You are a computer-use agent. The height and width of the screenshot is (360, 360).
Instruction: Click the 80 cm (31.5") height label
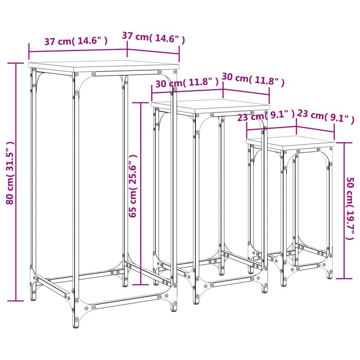11,173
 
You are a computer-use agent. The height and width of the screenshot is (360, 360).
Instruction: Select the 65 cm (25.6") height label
133,186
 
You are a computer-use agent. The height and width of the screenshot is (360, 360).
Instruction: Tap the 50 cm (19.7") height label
350,208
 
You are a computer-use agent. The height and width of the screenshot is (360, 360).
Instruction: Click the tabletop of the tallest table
104,66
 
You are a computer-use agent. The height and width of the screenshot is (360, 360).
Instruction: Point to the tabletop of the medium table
210,106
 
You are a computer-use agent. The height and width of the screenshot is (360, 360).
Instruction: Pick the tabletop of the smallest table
290,143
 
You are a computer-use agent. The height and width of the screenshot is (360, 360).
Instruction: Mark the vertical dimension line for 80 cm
16,182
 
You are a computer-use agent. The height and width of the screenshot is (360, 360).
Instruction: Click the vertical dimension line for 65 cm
141,194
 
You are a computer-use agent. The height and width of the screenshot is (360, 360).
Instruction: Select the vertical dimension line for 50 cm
344,211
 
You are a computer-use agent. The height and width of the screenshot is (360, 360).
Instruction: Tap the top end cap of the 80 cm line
16,63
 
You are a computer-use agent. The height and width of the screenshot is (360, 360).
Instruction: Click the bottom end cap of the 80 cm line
16,301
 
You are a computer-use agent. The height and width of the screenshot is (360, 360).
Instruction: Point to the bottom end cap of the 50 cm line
344,279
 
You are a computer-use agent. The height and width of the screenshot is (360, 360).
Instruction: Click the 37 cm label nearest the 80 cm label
76,41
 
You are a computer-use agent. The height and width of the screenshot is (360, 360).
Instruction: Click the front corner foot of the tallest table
76,324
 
